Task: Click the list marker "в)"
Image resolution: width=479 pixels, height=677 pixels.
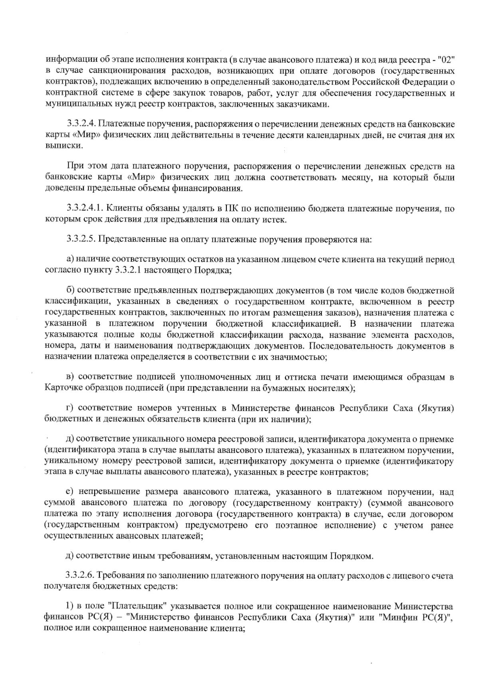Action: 70,376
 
